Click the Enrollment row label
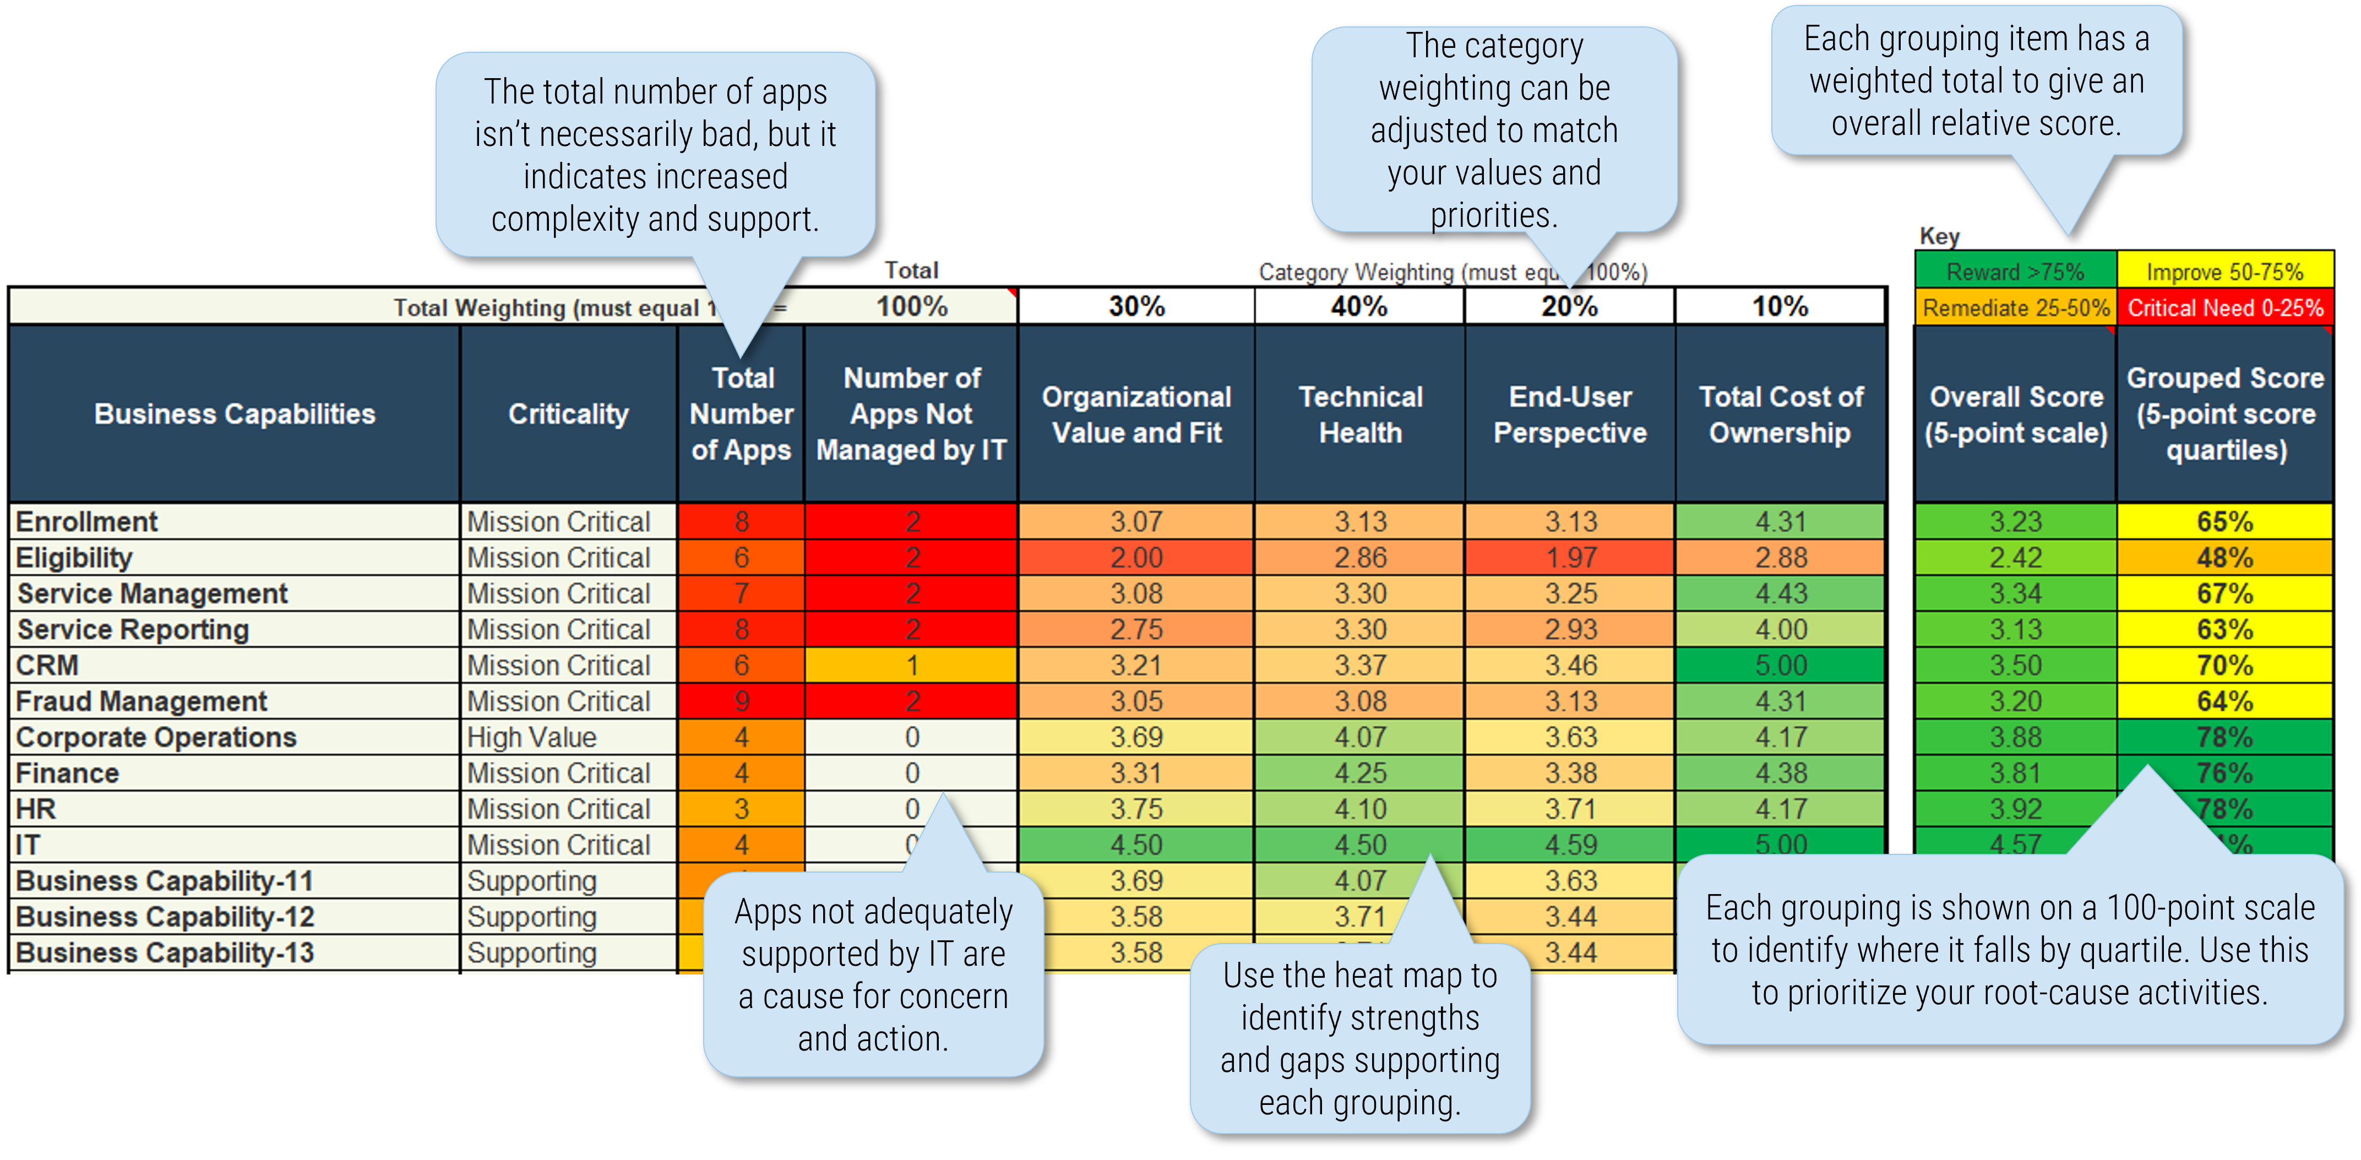click(87, 521)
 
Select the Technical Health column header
click(1360, 414)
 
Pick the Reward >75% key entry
click(2015, 271)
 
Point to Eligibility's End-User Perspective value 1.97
click(1570, 557)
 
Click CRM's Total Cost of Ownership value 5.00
click(1780, 665)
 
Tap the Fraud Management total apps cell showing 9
click(742, 701)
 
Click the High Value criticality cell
click(531, 737)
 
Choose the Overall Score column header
click(2015, 414)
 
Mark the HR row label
click(37, 809)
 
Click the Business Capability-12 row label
click(165, 916)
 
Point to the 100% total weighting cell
click(911, 306)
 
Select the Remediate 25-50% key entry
click(2015, 308)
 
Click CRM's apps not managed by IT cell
click(911, 665)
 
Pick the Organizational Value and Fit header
click(1136, 414)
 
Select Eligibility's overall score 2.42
click(2015, 557)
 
